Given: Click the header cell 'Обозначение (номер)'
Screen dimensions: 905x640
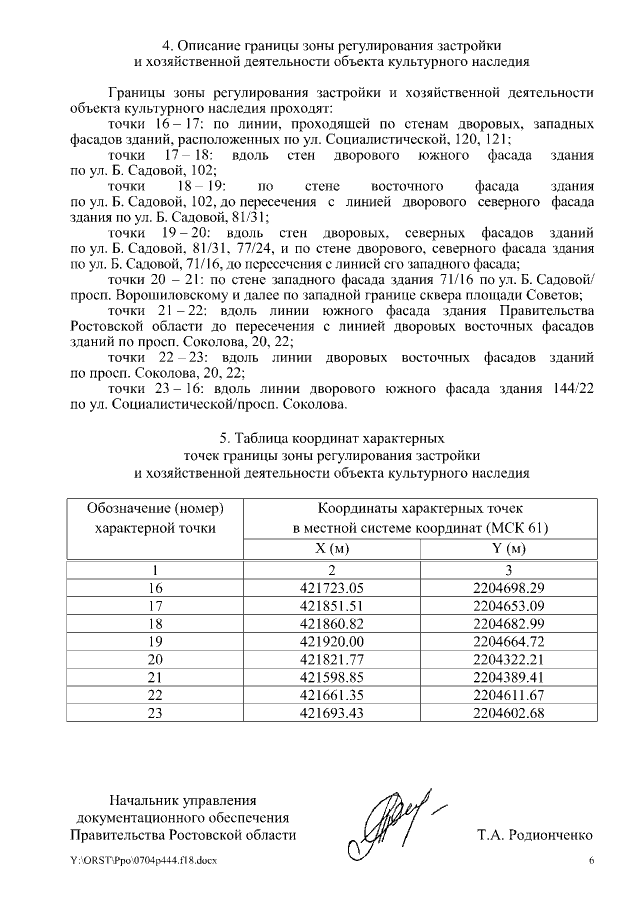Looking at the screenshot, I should pyautogui.click(x=154, y=509).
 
